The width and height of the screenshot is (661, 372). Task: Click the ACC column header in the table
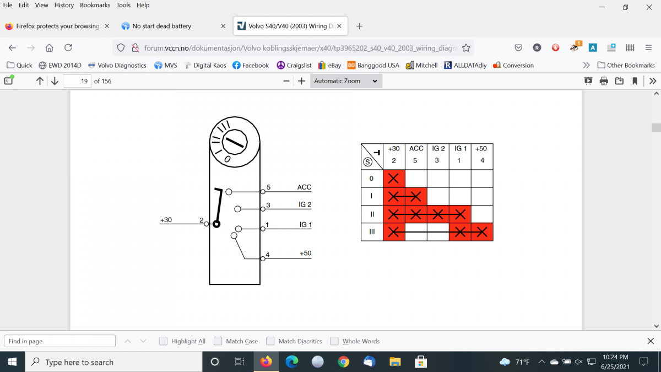point(416,148)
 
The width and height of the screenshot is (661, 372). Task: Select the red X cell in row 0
point(394,179)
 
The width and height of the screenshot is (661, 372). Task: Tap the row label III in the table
point(372,231)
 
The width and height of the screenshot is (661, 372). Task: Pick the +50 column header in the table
point(481,148)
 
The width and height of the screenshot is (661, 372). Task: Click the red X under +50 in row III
point(482,232)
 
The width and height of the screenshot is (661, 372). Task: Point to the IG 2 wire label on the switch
point(305,204)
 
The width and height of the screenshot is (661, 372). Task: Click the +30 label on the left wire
point(166,220)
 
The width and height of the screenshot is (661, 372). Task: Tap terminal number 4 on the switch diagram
point(267,254)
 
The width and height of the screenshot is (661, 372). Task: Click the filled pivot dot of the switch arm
point(216,224)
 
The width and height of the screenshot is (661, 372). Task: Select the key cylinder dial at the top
point(235,142)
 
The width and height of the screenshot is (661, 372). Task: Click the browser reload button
point(68,47)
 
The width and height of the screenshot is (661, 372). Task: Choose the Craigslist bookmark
point(294,65)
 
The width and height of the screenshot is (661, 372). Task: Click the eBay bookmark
point(329,65)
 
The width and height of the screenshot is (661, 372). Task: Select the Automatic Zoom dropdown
point(346,81)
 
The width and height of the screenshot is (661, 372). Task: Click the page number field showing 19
point(77,81)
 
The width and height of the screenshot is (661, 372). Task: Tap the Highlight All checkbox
point(163,341)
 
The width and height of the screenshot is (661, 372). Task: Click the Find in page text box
point(59,341)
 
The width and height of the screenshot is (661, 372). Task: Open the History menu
point(64,5)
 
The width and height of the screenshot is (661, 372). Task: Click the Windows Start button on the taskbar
point(12,362)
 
